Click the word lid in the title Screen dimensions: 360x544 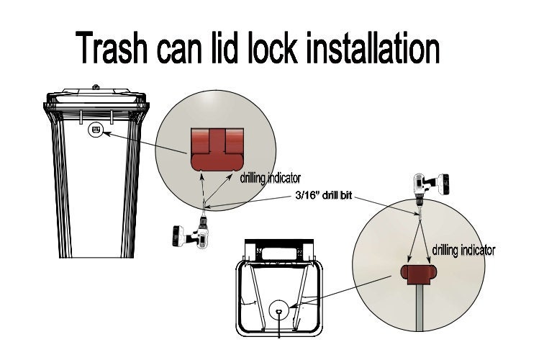227,49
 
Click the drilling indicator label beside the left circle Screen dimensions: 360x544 270,177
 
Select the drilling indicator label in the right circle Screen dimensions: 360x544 463,251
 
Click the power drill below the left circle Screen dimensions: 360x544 189,232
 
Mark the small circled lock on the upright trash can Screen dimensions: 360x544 95,131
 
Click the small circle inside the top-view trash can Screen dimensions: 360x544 278,312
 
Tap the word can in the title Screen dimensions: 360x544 186,49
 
